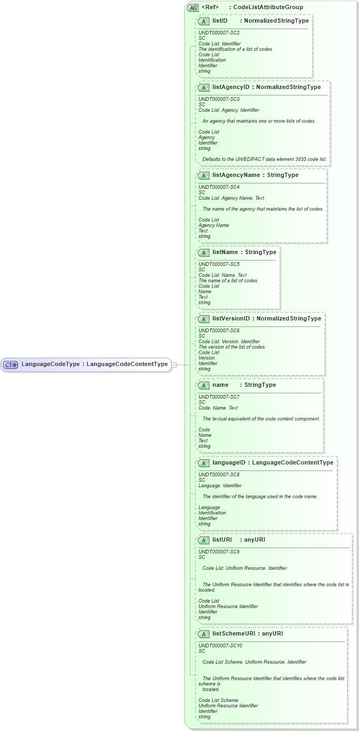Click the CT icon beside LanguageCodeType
(x=11, y=365)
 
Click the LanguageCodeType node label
(x=50, y=364)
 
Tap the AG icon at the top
(x=193, y=8)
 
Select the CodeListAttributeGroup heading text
(x=268, y=8)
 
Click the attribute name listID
(x=220, y=21)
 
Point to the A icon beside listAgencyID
(x=204, y=87)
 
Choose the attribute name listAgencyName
(x=237, y=175)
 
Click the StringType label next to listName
(x=261, y=252)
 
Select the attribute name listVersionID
(x=231, y=319)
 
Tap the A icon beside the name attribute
(x=204, y=385)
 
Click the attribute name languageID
(x=229, y=462)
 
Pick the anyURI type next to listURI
(x=255, y=539)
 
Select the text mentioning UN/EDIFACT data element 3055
(x=264, y=159)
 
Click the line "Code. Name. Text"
(x=218, y=408)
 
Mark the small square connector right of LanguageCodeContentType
(x=174, y=365)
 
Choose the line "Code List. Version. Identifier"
(x=229, y=341)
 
